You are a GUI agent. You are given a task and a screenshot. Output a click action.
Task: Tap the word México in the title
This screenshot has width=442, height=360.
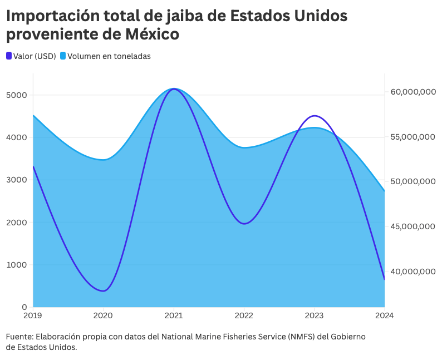tap(152, 34)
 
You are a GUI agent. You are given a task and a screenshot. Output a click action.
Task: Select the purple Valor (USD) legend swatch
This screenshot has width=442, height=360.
tap(9, 56)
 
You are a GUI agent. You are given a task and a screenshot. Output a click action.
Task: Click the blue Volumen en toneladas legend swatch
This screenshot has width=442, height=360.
tap(63, 56)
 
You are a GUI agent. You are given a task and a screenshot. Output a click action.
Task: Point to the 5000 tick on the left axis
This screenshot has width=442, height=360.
tap(17, 95)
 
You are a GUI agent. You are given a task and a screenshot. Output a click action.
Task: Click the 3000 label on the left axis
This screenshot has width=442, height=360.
tap(17, 180)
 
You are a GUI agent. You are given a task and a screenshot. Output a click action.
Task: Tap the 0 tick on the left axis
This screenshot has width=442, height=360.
tap(24, 307)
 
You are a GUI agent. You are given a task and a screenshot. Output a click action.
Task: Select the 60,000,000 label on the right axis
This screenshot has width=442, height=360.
tap(413, 92)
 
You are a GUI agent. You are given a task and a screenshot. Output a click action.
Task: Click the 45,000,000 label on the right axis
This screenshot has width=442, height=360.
tap(413, 226)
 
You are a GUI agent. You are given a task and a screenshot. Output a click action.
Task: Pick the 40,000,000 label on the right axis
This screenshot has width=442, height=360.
tap(413, 272)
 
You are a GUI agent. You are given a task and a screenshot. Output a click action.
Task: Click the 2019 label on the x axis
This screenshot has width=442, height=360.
tap(33, 315)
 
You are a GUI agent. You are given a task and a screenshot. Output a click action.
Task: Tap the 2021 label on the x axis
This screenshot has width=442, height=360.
tap(174, 315)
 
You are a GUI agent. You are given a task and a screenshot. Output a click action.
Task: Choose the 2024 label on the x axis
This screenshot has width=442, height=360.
tap(385, 315)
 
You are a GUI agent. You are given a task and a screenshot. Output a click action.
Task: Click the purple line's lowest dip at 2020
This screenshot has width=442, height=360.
tap(104, 290)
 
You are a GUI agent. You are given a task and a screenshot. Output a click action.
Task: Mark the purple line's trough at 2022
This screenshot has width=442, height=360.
tap(244, 224)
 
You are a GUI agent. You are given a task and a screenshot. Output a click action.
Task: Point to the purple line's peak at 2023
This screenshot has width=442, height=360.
tap(315, 116)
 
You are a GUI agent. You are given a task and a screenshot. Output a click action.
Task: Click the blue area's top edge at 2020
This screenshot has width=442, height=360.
tap(104, 160)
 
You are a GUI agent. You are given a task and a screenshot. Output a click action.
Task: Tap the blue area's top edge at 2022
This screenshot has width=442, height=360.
tap(244, 147)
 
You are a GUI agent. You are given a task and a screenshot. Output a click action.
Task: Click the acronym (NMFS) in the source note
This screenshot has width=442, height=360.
tap(301, 337)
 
